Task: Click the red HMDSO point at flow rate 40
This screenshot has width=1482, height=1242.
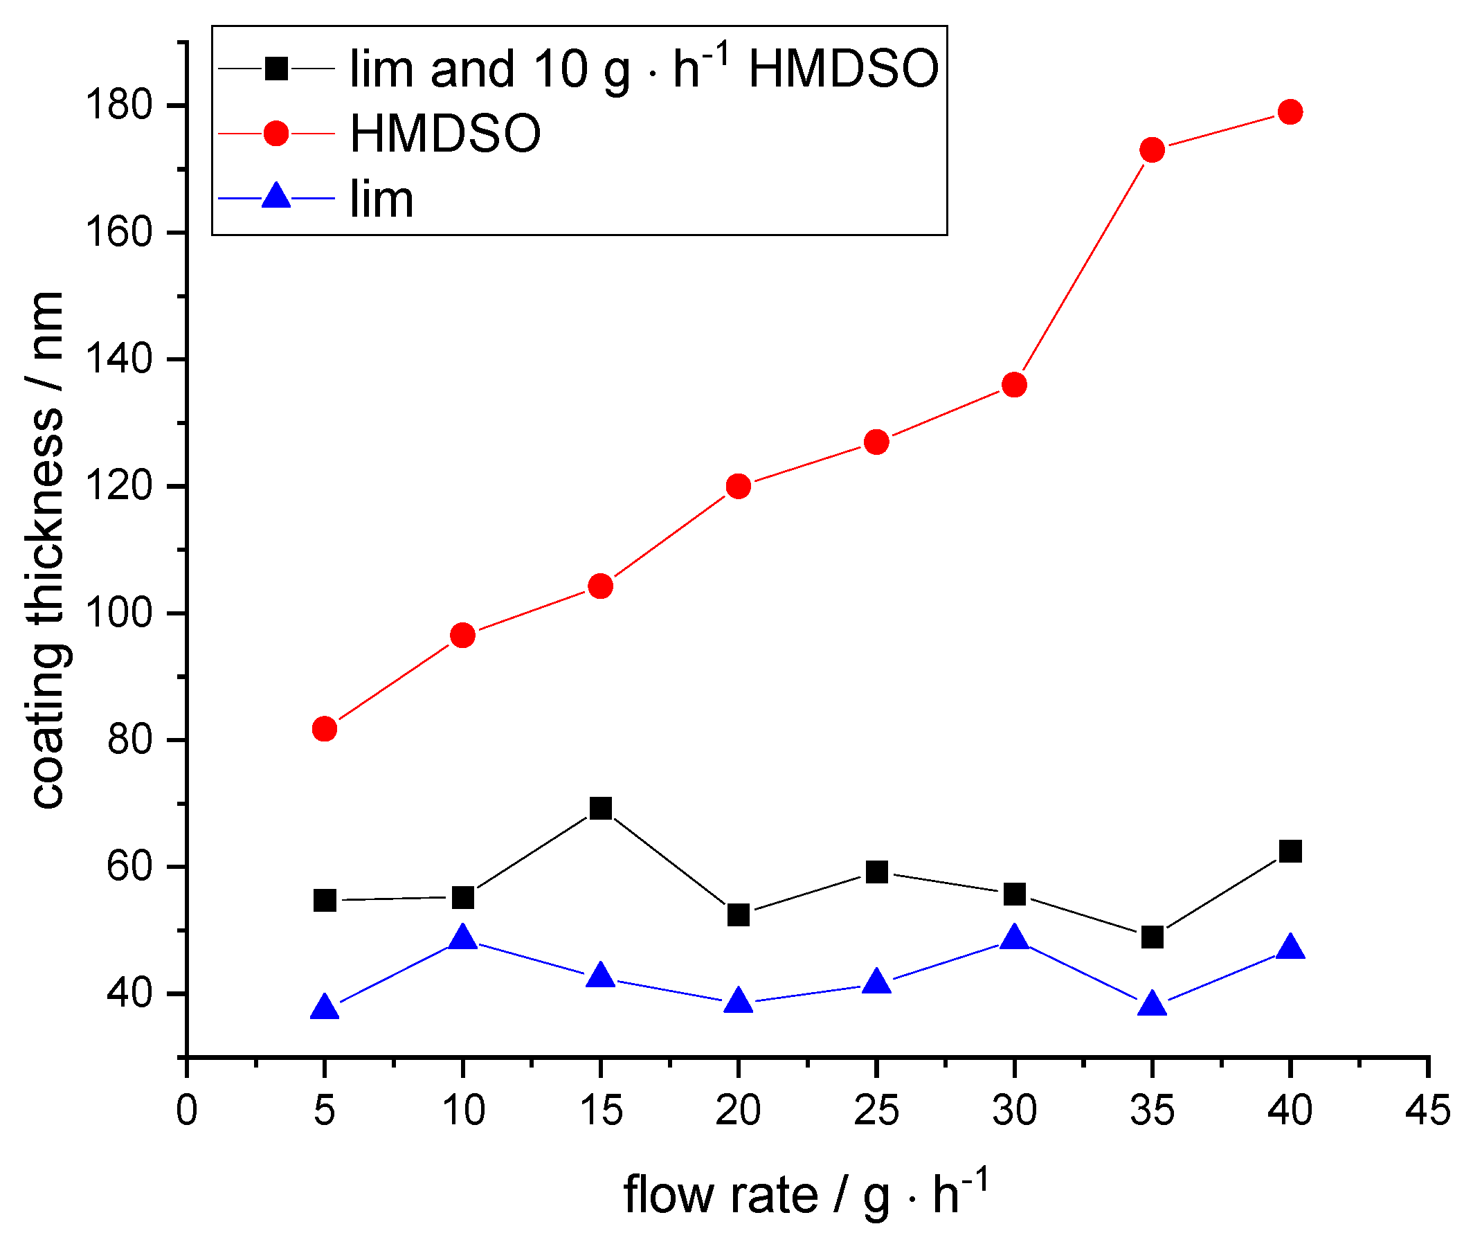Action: click(1290, 111)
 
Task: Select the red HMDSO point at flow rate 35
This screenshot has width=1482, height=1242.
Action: click(1152, 150)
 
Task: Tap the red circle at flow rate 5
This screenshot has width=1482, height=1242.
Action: click(324, 728)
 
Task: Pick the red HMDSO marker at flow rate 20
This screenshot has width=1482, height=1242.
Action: click(738, 486)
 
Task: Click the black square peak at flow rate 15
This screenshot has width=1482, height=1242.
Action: click(601, 808)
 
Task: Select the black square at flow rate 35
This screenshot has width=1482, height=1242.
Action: click(1152, 937)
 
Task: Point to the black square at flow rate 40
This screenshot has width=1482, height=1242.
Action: click(1290, 852)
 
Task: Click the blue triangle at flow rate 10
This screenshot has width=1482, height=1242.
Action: click(462, 938)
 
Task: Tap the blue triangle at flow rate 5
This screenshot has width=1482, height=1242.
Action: click(324, 1008)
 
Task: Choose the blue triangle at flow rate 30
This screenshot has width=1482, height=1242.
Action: click(1014, 938)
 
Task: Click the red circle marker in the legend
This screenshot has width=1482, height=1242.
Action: click(276, 133)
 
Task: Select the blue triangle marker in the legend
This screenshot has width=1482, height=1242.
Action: click(276, 197)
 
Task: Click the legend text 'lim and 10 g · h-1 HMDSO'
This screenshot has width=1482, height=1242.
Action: click(644, 69)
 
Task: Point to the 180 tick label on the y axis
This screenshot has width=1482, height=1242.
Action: click(118, 106)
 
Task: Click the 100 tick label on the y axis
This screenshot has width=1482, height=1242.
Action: click(118, 613)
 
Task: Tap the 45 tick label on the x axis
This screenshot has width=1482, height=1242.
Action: click(1427, 1110)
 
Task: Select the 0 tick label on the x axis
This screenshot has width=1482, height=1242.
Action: click(186, 1110)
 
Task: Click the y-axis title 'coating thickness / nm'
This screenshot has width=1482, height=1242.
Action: click(48, 550)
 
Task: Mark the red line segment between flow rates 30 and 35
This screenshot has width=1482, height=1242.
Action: click(1083, 267)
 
